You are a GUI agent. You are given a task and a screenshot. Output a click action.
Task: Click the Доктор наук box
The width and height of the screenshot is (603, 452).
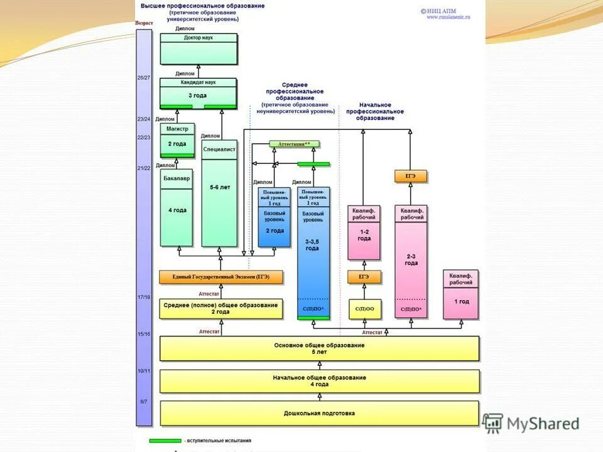click(x=198, y=49)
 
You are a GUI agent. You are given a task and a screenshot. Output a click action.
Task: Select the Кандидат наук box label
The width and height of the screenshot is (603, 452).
click(x=198, y=82)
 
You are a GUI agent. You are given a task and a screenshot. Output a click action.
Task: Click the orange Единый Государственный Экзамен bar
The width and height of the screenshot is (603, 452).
click(x=220, y=277)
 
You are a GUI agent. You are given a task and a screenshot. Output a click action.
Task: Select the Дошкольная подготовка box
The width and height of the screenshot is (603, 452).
click(x=319, y=413)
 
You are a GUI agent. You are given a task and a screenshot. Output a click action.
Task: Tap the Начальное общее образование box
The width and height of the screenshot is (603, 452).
click(x=319, y=380)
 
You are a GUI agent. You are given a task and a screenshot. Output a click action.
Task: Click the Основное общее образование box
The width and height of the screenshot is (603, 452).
click(x=319, y=348)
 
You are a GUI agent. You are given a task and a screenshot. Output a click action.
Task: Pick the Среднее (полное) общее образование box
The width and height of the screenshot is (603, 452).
click(x=220, y=308)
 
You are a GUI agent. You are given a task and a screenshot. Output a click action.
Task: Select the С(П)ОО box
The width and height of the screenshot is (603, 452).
click(x=365, y=309)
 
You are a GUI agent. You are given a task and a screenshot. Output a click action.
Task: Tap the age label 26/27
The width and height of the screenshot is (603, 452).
click(x=144, y=78)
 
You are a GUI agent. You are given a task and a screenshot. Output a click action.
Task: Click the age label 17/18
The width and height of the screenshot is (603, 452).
click(x=144, y=296)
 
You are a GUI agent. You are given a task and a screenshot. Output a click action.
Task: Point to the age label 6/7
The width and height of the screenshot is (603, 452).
click(x=144, y=401)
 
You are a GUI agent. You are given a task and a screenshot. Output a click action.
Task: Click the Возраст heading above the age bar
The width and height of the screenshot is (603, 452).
click(x=144, y=23)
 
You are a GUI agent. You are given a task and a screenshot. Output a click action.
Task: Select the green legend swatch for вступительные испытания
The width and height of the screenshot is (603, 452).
click(x=165, y=441)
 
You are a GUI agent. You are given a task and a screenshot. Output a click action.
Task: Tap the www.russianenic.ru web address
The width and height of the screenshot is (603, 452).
click(x=448, y=17)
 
